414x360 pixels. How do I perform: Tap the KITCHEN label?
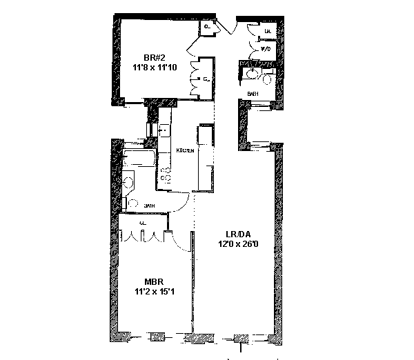[x=184, y=150]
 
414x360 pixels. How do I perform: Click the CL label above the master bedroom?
[x=141, y=224]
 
